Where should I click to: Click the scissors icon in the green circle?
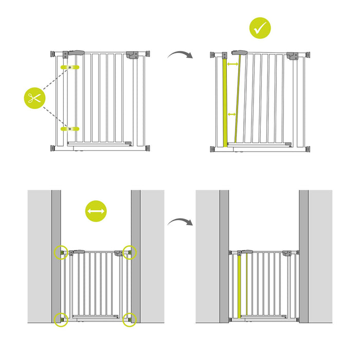pyautogui.click(x=35, y=98)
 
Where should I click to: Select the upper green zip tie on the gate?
pyautogui.click(x=70, y=67)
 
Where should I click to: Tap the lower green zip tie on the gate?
pyautogui.click(x=70, y=128)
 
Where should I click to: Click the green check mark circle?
pyautogui.click(x=260, y=28)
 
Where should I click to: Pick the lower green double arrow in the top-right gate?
pyautogui.click(x=231, y=114)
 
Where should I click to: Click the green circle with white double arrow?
pyautogui.click(x=96, y=211)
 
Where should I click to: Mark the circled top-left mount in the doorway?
pyautogui.click(x=61, y=252)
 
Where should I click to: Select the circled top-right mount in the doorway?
pyautogui.click(x=131, y=252)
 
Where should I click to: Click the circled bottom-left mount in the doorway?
pyautogui.click(x=61, y=319)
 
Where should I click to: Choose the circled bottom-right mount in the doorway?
pyautogui.click(x=131, y=319)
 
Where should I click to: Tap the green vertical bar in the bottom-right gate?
pyautogui.click(x=240, y=285)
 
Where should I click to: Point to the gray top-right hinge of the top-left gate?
pyautogui.click(x=133, y=55)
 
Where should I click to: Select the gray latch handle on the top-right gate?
pyautogui.click(x=239, y=53)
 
